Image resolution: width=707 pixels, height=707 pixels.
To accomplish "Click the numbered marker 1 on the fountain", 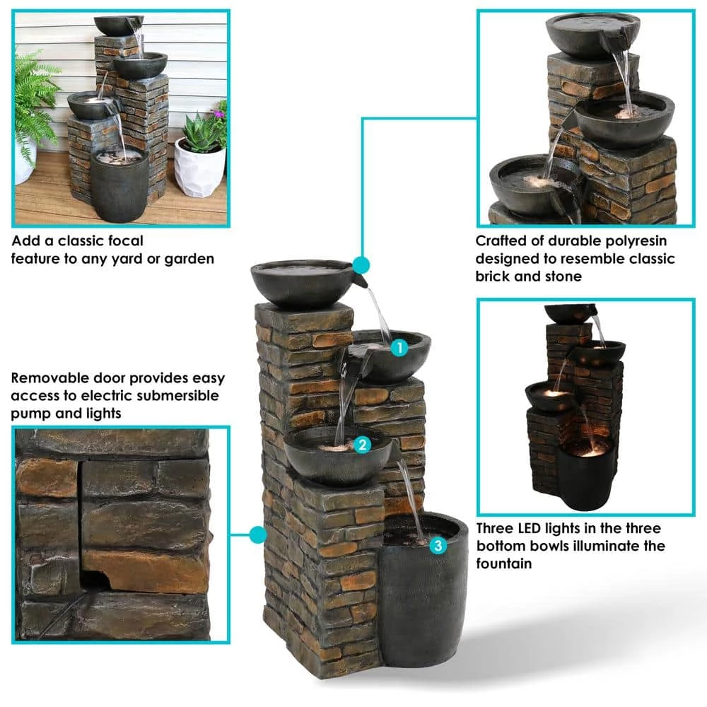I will pyautogui.click(x=399, y=347).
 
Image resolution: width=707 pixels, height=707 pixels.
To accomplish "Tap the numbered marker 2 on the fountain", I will pyautogui.click(x=362, y=445).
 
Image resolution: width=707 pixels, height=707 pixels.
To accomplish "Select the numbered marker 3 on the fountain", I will pyautogui.click(x=438, y=545).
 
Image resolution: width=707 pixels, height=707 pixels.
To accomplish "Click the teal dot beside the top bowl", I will pyautogui.click(x=361, y=266).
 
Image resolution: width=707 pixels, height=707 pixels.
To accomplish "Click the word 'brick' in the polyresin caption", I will pyautogui.click(x=495, y=276).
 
